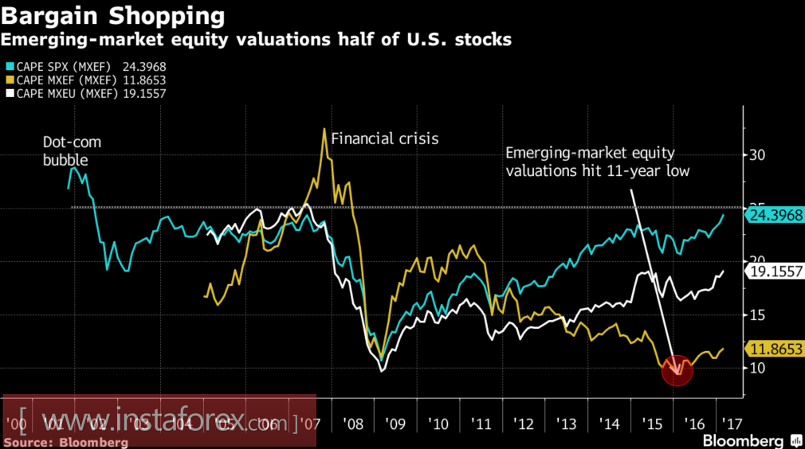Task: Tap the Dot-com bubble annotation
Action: coord(73,150)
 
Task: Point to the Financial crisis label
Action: coord(384,139)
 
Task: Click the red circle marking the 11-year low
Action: coord(677,370)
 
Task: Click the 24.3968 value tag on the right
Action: coord(773,214)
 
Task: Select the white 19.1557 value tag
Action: coord(773,271)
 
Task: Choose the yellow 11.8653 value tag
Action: coord(773,349)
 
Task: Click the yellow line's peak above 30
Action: coord(324,130)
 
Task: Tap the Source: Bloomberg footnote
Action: coord(66,441)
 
